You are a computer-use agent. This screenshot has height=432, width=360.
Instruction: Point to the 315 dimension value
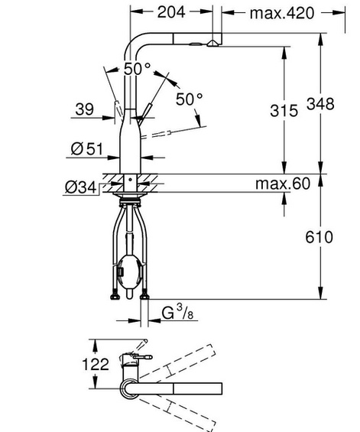pos(284,111)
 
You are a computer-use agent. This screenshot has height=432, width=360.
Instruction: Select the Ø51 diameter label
pos(84,149)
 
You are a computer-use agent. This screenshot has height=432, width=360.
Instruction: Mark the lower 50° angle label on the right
pos(192,99)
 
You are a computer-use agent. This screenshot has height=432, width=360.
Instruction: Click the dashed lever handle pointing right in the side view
pos(170,135)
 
